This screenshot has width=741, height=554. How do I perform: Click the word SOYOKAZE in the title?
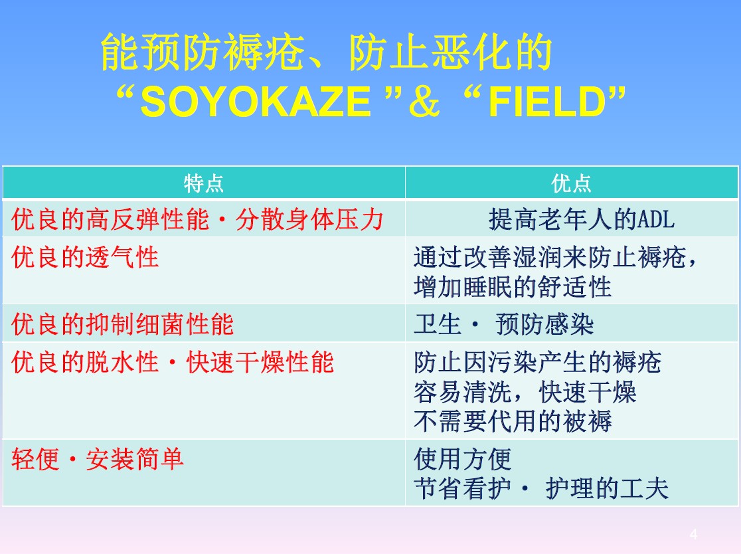pyautogui.click(x=256, y=102)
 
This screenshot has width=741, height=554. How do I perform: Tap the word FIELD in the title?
pyautogui.click(x=546, y=102)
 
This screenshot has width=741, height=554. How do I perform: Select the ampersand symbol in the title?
pyautogui.click(x=424, y=102)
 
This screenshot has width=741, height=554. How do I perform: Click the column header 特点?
pyautogui.click(x=204, y=183)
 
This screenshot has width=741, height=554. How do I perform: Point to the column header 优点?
pyautogui.click(x=571, y=183)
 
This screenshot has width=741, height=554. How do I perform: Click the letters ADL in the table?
pyautogui.click(x=657, y=219)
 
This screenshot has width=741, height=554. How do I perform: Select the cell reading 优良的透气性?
pyautogui.click(x=85, y=258)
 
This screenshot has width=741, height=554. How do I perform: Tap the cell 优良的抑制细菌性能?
pyautogui.click(x=122, y=324)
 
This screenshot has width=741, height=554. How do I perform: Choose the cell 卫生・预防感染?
pyautogui.click(x=504, y=324)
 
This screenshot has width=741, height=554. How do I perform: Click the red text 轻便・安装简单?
pyautogui.click(x=98, y=459)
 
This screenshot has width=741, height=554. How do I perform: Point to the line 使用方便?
pyautogui.click(x=463, y=459)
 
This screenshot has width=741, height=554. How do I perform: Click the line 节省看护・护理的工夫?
pyautogui.click(x=541, y=488)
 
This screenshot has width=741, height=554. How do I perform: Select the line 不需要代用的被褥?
pyautogui.click(x=513, y=420)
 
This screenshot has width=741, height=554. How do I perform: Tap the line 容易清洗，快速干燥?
pyautogui.click(x=525, y=392)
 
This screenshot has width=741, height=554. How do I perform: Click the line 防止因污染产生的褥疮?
pyautogui.click(x=538, y=363)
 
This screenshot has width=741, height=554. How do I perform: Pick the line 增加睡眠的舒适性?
pyautogui.click(x=513, y=287)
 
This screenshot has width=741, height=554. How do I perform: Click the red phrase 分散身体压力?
pyautogui.click(x=309, y=219)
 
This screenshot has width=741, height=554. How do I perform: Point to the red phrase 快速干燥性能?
pyautogui.click(x=260, y=363)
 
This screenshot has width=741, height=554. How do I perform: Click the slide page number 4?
pyautogui.click(x=693, y=534)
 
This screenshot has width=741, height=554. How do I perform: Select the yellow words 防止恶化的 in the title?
pyautogui.click(x=451, y=52)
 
